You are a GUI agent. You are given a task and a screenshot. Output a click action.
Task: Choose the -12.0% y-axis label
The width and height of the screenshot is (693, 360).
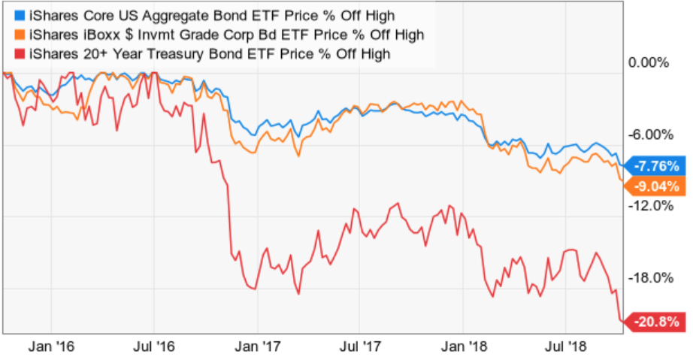coord(648,206)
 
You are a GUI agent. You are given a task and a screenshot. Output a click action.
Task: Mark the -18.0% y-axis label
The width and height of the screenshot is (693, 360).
coord(648,278)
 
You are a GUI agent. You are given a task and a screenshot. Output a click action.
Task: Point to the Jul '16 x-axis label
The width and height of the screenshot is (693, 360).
coord(153,346)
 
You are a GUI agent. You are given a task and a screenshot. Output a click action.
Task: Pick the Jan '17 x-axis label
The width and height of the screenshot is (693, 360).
coord(256,346)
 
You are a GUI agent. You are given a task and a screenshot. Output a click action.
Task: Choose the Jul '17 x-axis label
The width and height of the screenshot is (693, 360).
coord(359,346)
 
